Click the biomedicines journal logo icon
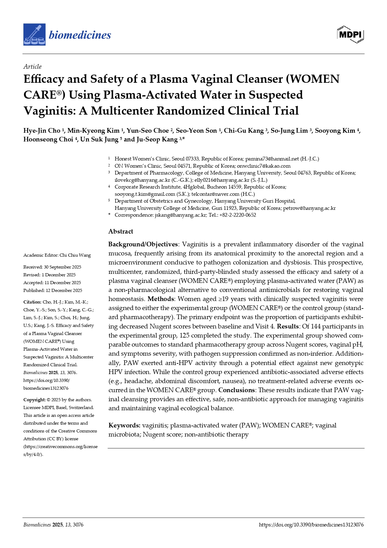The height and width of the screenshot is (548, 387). (34, 34)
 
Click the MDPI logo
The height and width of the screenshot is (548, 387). (351, 34)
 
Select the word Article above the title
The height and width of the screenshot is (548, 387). (32, 67)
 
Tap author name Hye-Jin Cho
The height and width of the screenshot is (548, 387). (42, 131)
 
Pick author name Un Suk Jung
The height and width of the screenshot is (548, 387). (99, 140)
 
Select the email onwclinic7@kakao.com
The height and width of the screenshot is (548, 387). (264, 166)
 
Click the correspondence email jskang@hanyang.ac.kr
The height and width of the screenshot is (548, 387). (181, 215)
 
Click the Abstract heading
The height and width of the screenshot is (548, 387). (121, 231)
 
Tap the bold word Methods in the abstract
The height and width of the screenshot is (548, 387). (161, 299)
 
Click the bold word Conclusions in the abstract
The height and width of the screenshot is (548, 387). (237, 390)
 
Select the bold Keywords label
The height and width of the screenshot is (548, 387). (124, 426)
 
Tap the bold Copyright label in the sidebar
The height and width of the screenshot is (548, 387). (34, 400)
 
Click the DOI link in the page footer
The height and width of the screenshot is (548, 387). (311, 525)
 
